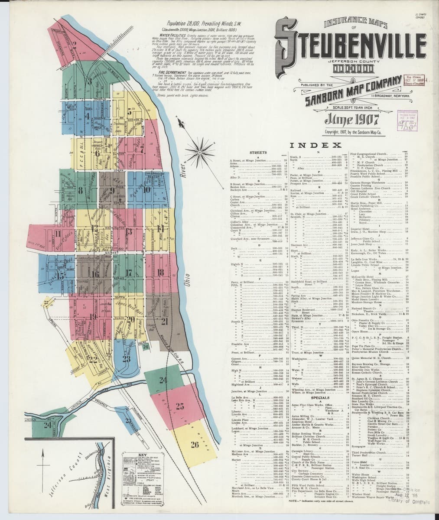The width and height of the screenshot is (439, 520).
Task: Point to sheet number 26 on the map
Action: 194,444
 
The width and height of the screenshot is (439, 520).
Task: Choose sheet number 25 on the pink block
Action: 179,406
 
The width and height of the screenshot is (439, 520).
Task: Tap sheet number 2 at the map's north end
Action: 75,43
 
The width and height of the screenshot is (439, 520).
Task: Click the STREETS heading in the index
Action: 257,153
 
